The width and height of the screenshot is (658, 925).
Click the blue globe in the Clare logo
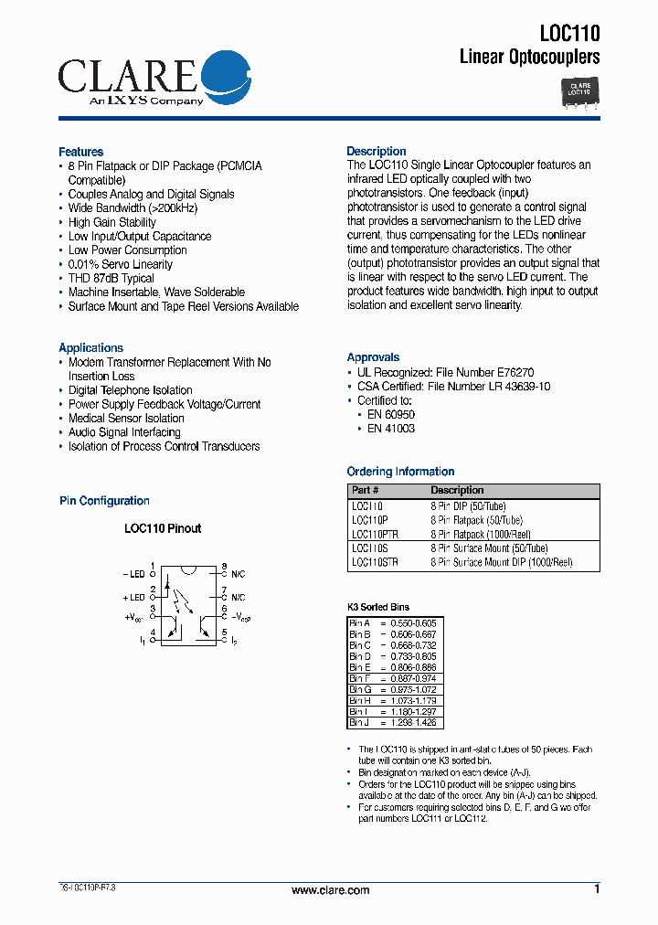(225, 77)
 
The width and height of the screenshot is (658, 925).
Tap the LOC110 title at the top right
(569, 34)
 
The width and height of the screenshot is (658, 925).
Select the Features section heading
(80, 152)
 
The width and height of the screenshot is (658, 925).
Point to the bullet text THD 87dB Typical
(111, 278)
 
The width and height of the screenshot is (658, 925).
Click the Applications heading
(90, 348)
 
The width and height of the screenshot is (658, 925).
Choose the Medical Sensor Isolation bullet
(126, 419)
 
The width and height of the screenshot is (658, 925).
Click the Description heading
(376, 152)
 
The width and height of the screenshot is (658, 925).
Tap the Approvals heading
(373, 357)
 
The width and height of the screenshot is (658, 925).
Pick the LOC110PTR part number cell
(377, 534)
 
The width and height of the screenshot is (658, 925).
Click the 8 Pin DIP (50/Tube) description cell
(468, 505)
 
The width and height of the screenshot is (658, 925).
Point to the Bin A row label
(360, 622)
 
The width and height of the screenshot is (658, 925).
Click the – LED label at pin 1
(133, 574)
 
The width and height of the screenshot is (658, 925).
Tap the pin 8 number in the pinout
(224, 566)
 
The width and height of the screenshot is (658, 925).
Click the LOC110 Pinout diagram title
(163, 528)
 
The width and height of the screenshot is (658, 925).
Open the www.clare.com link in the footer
(330, 890)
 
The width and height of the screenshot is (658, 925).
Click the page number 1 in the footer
(597, 889)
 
